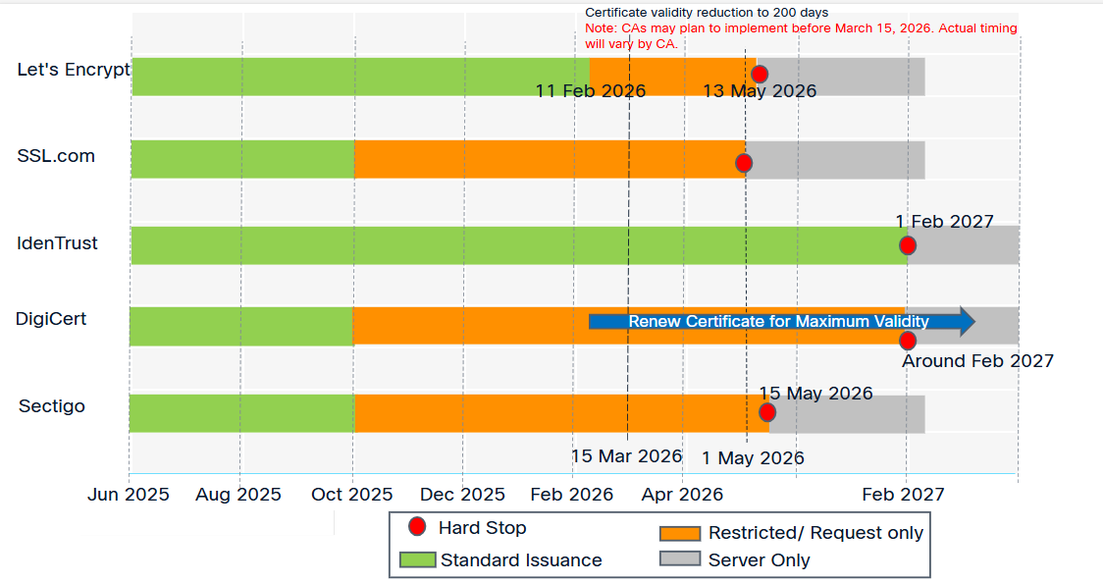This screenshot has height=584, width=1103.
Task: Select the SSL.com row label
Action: pos(56,155)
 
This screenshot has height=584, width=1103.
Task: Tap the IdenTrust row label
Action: pos(58,242)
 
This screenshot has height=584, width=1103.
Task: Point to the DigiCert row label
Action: pos(51,318)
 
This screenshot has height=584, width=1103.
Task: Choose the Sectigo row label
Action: pos(52,406)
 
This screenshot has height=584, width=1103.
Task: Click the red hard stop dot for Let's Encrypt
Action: pos(759,74)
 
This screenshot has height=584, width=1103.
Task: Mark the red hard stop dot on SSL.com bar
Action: pos(744,163)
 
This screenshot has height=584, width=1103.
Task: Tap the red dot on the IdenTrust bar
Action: pos(908,245)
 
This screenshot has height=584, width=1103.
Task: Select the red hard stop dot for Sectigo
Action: pos(767,412)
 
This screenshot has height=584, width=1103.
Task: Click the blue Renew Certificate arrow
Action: pos(781,321)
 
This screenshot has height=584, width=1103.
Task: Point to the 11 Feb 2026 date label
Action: pos(591,91)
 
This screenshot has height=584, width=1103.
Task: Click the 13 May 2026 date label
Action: pos(760,91)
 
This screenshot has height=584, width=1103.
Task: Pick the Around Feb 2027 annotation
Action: pos(977,361)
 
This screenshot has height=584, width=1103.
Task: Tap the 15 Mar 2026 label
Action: pos(626,456)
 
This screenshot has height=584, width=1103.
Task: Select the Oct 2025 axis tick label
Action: pos(352,495)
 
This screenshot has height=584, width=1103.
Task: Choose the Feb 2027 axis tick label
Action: pos(903,495)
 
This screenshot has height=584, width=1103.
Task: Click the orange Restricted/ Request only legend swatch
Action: pos(679,533)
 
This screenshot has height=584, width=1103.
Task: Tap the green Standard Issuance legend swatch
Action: pos(418,560)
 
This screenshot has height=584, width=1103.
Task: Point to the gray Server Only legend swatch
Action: pos(679,559)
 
